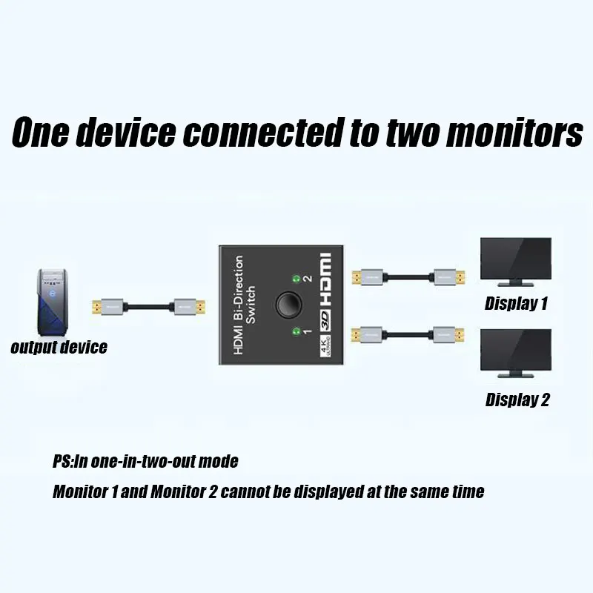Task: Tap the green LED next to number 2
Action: tap(296, 279)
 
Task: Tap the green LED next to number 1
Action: tap(296, 331)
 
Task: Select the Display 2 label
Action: tap(517, 400)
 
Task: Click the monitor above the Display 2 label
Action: tap(516, 355)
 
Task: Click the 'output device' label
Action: tap(59, 347)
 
